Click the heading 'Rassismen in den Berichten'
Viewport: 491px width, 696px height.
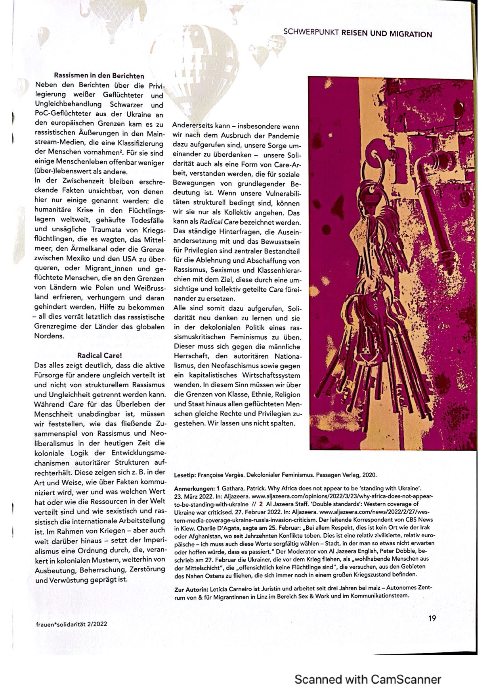pyautogui.click(x=99, y=75)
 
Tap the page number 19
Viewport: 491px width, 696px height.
pyautogui.click(x=432, y=618)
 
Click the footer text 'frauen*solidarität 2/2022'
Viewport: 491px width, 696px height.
pyautogui.click(x=71, y=624)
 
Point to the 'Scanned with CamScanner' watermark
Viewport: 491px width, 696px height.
pyautogui.click(x=367, y=679)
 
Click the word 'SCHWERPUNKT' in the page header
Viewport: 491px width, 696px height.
pyautogui.click(x=311, y=33)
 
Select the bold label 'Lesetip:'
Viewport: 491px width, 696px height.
pyautogui.click(x=185, y=475)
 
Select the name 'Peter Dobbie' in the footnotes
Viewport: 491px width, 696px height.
pyautogui.click(x=396, y=552)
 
